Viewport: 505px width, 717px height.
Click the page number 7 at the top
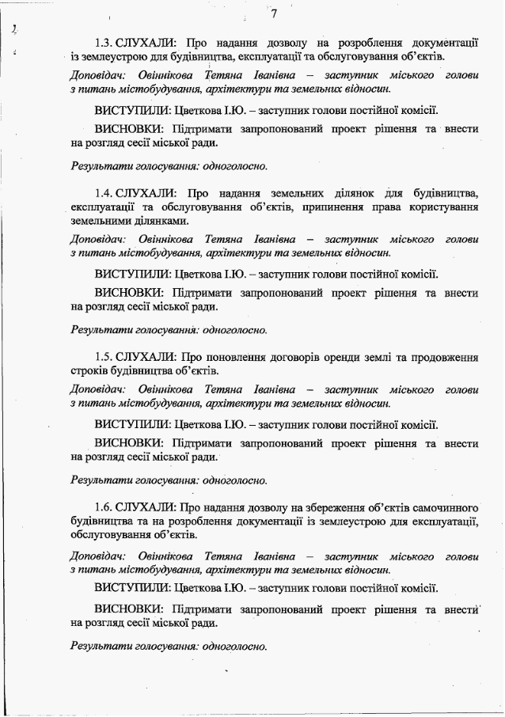(x=273, y=13)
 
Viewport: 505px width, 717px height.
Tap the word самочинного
(x=444, y=506)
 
